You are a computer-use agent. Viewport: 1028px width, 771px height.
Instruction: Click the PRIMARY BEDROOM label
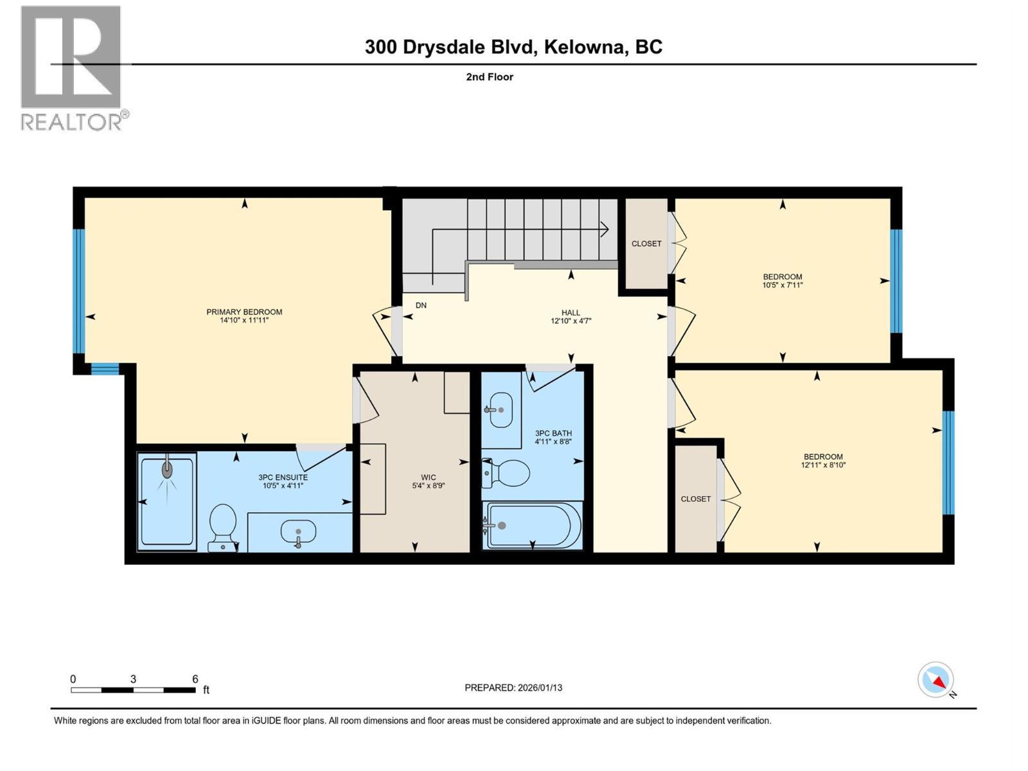pyautogui.click(x=244, y=312)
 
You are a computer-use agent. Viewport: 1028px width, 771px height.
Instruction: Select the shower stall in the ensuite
pyautogui.click(x=167, y=501)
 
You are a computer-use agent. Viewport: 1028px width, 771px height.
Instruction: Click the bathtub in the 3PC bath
pyautogui.click(x=533, y=526)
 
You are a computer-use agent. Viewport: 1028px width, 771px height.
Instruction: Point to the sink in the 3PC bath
pyautogui.click(x=501, y=409)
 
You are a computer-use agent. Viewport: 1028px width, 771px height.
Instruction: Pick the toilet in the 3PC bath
pyautogui.click(x=507, y=474)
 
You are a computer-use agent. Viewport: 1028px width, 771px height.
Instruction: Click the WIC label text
pyautogui.click(x=429, y=477)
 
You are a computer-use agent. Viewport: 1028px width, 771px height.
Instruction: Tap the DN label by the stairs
pyautogui.click(x=421, y=305)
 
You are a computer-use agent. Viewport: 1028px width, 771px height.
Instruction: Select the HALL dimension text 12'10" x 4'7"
pyautogui.click(x=571, y=320)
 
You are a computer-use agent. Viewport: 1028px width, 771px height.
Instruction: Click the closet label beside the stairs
pyautogui.click(x=646, y=244)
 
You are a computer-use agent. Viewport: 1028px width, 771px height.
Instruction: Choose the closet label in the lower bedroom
pyautogui.click(x=696, y=499)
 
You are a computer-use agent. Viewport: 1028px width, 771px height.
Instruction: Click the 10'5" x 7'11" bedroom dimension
pyautogui.click(x=783, y=285)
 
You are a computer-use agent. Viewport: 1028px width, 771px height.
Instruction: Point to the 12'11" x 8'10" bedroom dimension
pyautogui.click(x=822, y=465)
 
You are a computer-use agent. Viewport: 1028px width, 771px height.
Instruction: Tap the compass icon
pyautogui.click(x=935, y=680)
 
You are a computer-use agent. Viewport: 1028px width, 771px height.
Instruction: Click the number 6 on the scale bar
pyautogui.click(x=195, y=679)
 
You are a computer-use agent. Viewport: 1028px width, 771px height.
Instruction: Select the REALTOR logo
pyautogui.click(x=72, y=67)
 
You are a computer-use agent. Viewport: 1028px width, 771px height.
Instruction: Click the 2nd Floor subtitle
pyautogui.click(x=490, y=77)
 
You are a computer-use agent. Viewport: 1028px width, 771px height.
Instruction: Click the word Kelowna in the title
pyautogui.click(x=585, y=47)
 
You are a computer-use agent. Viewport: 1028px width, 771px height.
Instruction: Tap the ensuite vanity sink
pyautogui.click(x=298, y=532)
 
